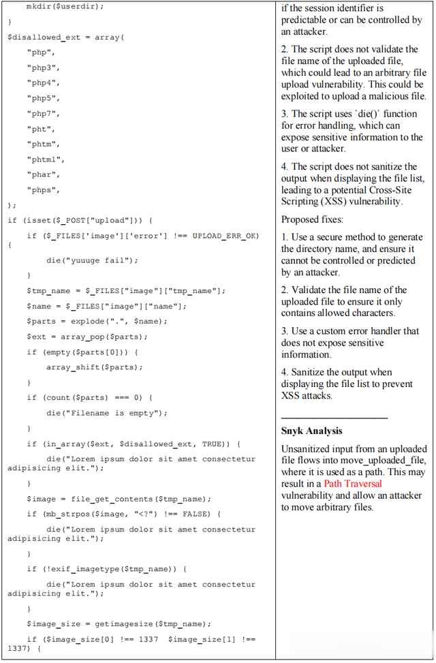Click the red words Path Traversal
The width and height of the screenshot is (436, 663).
353,484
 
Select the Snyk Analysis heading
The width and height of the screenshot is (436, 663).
311,431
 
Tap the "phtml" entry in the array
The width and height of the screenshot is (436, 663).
45,159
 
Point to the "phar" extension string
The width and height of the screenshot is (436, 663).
43,174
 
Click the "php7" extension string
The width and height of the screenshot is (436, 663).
43,114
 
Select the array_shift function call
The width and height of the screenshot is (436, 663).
94,367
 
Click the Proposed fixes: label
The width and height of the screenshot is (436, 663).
312,219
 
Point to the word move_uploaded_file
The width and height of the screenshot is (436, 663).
391,461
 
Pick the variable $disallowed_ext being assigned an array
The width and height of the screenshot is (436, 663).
44,37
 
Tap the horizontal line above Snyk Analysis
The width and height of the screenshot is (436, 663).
334,418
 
